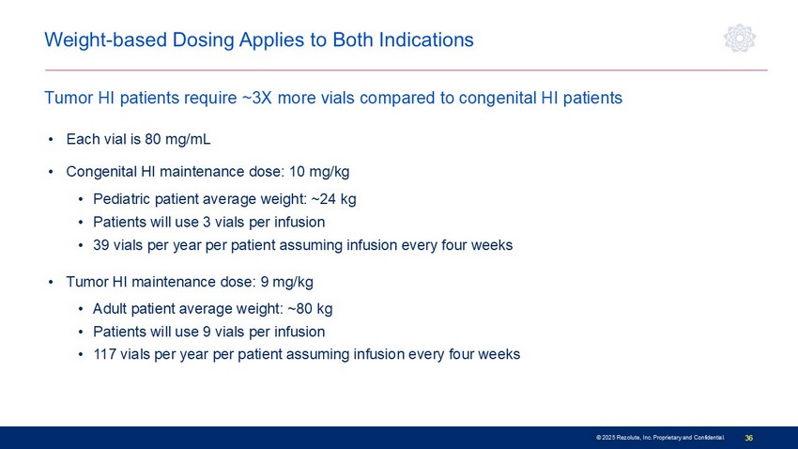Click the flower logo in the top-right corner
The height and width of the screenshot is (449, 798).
point(740,38)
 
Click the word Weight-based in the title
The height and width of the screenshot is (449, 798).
point(106,39)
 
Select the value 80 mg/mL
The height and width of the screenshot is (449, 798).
point(177,139)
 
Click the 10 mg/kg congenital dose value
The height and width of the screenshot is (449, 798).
point(319,172)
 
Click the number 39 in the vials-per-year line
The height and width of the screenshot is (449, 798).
point(100,245)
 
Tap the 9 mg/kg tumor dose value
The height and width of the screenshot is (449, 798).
point(286,282)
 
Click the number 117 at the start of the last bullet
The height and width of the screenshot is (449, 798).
point(105,354)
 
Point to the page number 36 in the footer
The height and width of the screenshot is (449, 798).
point(748,438)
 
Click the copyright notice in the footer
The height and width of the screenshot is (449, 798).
point(660,438)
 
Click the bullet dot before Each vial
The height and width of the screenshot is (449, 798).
point(51,139)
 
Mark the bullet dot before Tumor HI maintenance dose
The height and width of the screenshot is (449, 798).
point(51,282)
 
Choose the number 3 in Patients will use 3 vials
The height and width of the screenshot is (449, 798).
point(207,222)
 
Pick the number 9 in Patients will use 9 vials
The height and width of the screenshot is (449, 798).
point(207,332)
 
